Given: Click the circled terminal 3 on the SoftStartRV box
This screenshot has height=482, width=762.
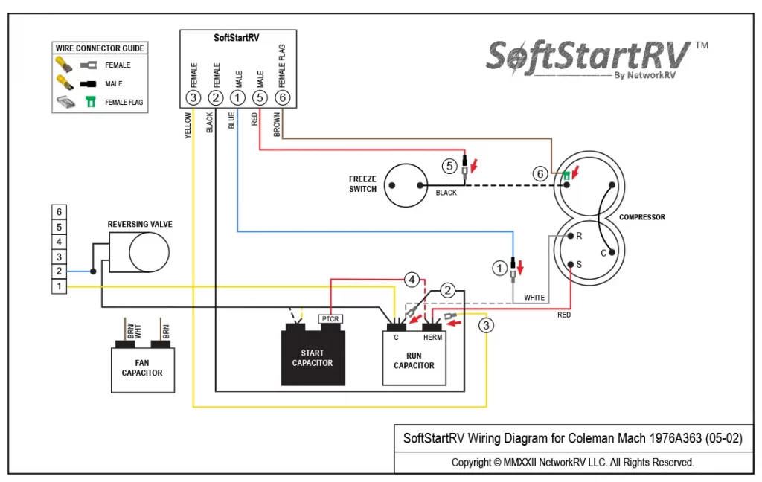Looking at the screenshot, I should pos(193,97).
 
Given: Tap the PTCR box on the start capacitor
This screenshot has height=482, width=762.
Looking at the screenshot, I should pos(330,319).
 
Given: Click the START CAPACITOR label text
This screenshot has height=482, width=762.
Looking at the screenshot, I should pos(313,358).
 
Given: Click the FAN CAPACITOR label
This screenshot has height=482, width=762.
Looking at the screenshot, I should pos(142,368).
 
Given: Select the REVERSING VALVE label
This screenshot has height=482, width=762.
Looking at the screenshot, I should pos(140,224).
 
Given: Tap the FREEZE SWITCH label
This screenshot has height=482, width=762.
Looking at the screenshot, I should pos(362,184).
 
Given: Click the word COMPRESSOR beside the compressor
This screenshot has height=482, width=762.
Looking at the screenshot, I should pos(642,217).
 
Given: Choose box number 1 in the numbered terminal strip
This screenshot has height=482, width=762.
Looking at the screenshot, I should pos(60,286).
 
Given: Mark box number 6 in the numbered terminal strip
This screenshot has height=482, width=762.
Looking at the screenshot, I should pos(60,211).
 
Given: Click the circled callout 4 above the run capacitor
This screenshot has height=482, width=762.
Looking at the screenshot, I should pos(412,280).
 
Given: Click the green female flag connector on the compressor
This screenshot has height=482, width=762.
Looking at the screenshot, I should pos(567,176).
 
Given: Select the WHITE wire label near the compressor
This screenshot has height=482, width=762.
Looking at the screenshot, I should pos(534,298).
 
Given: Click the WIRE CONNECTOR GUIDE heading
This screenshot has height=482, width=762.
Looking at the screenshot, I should pos(100,48).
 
